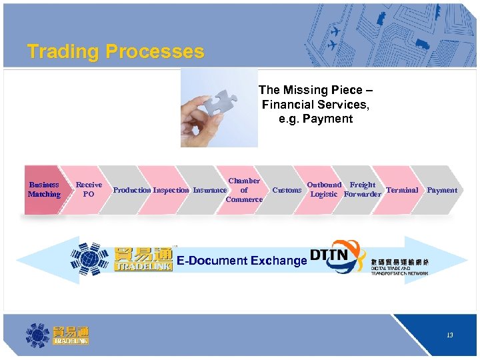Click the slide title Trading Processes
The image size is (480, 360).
[115, 52]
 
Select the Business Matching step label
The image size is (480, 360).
[44, 190]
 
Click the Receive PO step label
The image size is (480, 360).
[89, 190]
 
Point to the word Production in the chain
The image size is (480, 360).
[132, 191]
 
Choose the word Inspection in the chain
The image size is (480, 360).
[171, 191]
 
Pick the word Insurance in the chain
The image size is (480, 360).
[210, 191]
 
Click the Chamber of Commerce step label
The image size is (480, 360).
[244, 190]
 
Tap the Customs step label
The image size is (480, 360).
[287, 191]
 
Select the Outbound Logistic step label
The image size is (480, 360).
[324, 190]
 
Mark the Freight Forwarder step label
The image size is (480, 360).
[363, 190]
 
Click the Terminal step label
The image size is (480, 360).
[402, 190]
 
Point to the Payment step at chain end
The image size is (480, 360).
[442, 190]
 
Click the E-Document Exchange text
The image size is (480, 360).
[241, 261]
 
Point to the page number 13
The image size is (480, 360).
[450, 335]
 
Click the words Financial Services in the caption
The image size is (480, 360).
[315, 105]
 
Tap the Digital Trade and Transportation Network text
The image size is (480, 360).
[400, 271]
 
